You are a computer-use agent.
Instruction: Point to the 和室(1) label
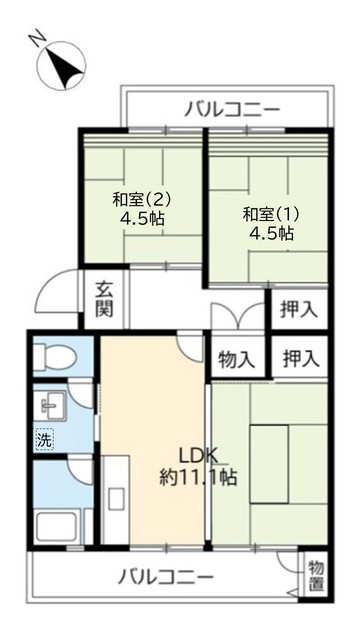270,213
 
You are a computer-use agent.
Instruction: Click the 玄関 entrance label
104,300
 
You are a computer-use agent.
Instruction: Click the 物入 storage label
236,357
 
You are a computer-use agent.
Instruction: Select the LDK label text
199,452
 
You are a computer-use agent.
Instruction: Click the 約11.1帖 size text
199,477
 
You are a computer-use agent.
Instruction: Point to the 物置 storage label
317,572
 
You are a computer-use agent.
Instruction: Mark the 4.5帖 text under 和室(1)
271,233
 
